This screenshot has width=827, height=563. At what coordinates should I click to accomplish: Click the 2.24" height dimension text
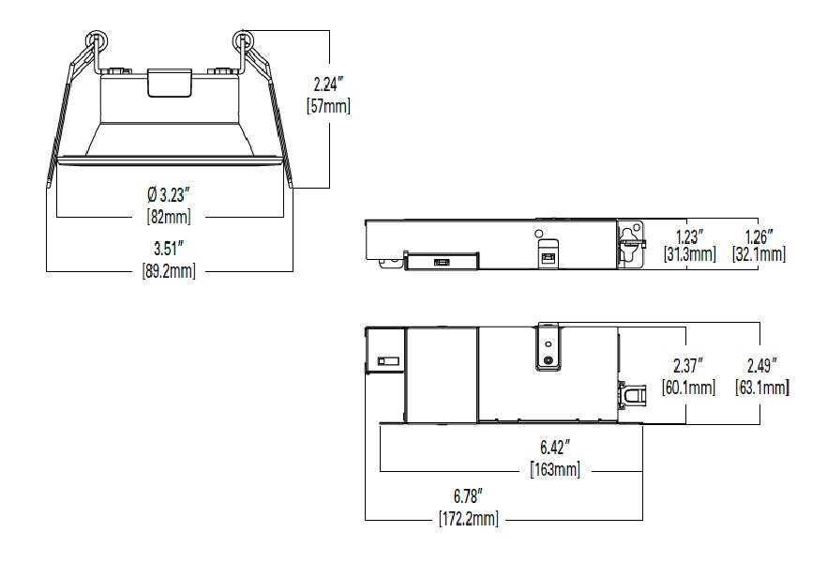pos(328,84)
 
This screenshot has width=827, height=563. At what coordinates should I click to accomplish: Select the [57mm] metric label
pos(328,106)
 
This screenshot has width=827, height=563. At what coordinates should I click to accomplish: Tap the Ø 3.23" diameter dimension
pos(168,194)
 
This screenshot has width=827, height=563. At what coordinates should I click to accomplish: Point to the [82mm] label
pos(169,217)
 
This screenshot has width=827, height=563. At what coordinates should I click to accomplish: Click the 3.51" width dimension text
pos(169,248)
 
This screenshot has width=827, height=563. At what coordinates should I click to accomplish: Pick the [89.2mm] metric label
pos(169,270)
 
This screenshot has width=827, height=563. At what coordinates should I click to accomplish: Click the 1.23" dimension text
pos(689,236)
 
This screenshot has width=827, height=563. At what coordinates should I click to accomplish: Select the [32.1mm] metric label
pos(759,254)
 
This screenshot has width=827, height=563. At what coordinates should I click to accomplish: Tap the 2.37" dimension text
pos(689,365)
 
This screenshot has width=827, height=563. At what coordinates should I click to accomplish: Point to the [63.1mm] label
pos(762,388)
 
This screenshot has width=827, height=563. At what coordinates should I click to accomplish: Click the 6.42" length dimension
pos(555,448)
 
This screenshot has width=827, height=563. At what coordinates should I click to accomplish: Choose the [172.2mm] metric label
pos(469,519)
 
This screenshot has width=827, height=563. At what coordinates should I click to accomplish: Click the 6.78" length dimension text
pos(469,496)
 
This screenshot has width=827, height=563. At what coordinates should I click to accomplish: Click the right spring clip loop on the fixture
pos(243,38)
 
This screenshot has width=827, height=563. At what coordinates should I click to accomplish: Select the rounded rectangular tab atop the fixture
pos(170,83)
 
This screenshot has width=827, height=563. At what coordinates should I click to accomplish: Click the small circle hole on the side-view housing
pos(538,234)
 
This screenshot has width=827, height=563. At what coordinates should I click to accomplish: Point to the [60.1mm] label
pos(689,388)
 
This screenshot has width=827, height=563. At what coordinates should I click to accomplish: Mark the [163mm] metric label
pos(555,469)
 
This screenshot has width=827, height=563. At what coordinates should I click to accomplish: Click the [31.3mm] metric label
pos(690,254)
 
